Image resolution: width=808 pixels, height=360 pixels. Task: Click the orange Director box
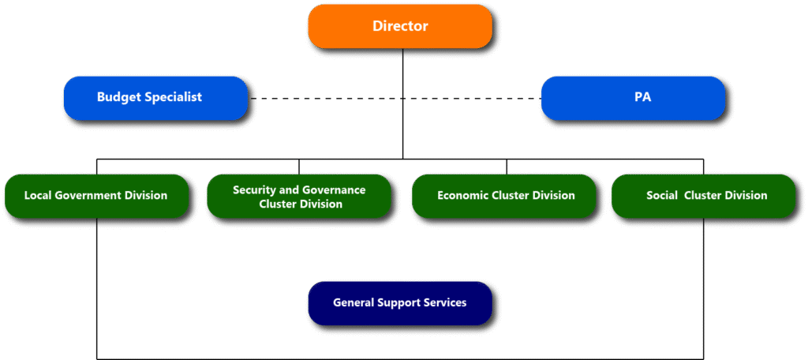click(400, 26)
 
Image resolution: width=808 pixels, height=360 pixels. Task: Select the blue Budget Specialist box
click(155, 98)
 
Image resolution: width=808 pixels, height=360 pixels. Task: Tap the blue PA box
click(633, 98)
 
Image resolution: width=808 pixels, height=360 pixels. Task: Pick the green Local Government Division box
click(96, 196)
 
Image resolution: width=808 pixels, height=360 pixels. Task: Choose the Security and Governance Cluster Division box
click(299, 196)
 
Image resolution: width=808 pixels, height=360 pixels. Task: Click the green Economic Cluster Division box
click(503, 196)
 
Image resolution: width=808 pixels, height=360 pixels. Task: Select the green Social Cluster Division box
click(703, 196)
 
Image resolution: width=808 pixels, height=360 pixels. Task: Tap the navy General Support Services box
click(400, 303)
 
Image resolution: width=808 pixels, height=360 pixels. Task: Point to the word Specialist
click(174, 97)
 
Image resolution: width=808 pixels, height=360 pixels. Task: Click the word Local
click(39, 196)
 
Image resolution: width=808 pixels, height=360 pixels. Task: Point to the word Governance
click(335, 190)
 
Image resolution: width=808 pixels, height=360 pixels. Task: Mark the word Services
click(446, 303)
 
